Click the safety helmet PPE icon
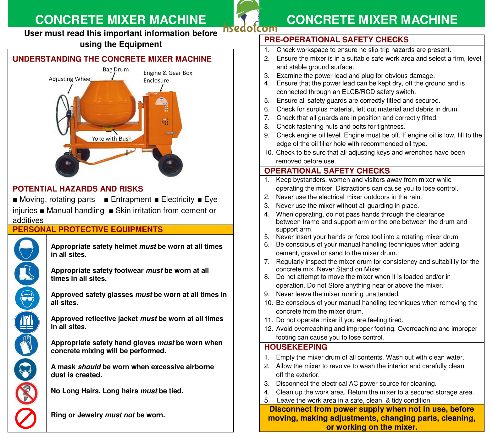tap(27, 249)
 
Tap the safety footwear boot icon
tap(27, 274)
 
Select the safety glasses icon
tap(27, 298)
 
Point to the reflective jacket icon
tap(27, 322)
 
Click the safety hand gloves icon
tap(26, 345)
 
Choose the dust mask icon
tap(25, 370)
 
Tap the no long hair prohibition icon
tap(26, 393)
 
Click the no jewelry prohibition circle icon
tap(26, 418)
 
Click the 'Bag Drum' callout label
tap(115, 70)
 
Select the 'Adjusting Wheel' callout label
tap(70, 79)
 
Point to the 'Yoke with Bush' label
tap(112, 139)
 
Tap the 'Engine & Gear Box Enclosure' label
tap(167, 77)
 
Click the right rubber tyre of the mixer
tap(170, 165)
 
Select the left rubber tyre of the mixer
tap(67, 166)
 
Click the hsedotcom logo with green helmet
tap(250, 17)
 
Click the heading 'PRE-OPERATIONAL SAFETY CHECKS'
tap(336, 40)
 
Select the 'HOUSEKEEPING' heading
tap(296, 347)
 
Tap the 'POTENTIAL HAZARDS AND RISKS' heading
tap(78, 189)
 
